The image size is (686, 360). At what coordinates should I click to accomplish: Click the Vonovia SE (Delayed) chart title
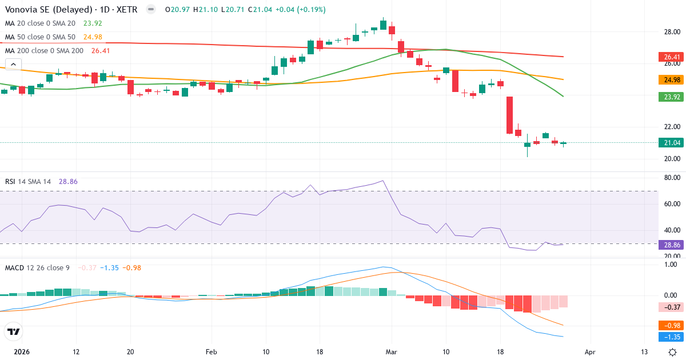coord(49,10)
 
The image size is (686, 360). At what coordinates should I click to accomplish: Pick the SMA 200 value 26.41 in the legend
coord(101,51)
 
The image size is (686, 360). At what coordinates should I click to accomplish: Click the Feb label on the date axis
coord(212,352)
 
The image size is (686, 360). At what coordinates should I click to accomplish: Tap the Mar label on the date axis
coord(391,352)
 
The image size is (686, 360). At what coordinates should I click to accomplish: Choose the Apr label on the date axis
coord(590,352)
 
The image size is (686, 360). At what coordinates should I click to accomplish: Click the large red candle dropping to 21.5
coord(509,115)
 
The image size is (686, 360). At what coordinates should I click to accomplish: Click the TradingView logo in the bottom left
coord(14,331)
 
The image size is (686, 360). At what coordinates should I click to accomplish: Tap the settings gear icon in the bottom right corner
coord(673,352)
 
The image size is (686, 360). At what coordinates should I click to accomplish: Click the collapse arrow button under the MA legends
coord(13,65)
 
